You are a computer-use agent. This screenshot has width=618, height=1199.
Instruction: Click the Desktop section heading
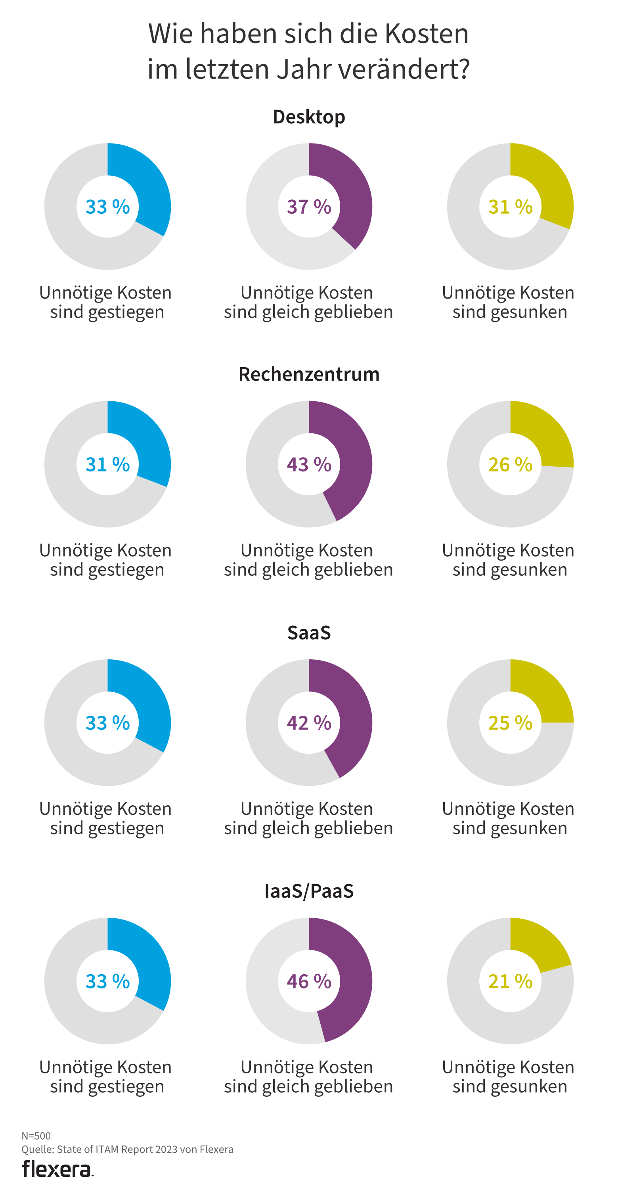click(x=309, y=117)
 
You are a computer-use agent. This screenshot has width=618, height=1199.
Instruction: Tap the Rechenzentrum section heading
click(x=309, y=374)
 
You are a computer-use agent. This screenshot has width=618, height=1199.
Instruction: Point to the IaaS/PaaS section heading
click(x=309, y=891)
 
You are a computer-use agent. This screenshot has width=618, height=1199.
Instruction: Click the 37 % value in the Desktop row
click(x=309, y=207)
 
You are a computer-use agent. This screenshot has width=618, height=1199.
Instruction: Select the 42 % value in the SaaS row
click(x=309, y=722)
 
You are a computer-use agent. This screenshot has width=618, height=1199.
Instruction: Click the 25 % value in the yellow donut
click(x=510, y=722)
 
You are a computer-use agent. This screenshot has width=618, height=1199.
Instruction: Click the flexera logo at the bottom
click(x=57, y=1169)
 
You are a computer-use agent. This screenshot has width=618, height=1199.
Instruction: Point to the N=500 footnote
click(x=36, y=1136)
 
